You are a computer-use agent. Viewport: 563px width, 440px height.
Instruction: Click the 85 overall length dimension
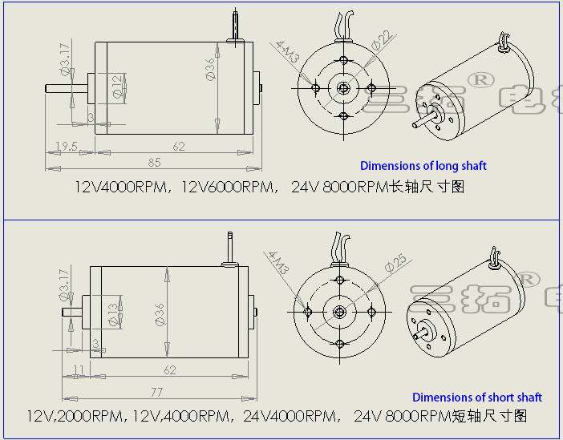[154, 163]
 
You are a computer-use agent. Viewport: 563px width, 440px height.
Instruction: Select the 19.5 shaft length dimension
[66, 147]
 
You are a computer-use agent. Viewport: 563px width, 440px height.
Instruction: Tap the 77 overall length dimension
[156, 393]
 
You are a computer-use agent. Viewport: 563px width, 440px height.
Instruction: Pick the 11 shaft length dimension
[78, 371]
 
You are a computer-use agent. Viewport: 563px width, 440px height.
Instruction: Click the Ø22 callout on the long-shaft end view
[383, 39]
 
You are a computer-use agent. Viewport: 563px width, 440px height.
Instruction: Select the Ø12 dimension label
[118, 87]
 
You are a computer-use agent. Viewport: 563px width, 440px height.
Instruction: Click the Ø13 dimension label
[113, 313]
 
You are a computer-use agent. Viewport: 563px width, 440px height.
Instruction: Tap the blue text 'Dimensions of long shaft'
[423, 166]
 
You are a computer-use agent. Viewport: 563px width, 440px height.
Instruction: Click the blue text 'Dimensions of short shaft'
[476, 398]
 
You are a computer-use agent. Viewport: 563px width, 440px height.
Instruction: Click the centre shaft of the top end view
[343, 88]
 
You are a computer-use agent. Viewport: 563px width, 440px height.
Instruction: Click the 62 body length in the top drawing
[177, 147]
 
